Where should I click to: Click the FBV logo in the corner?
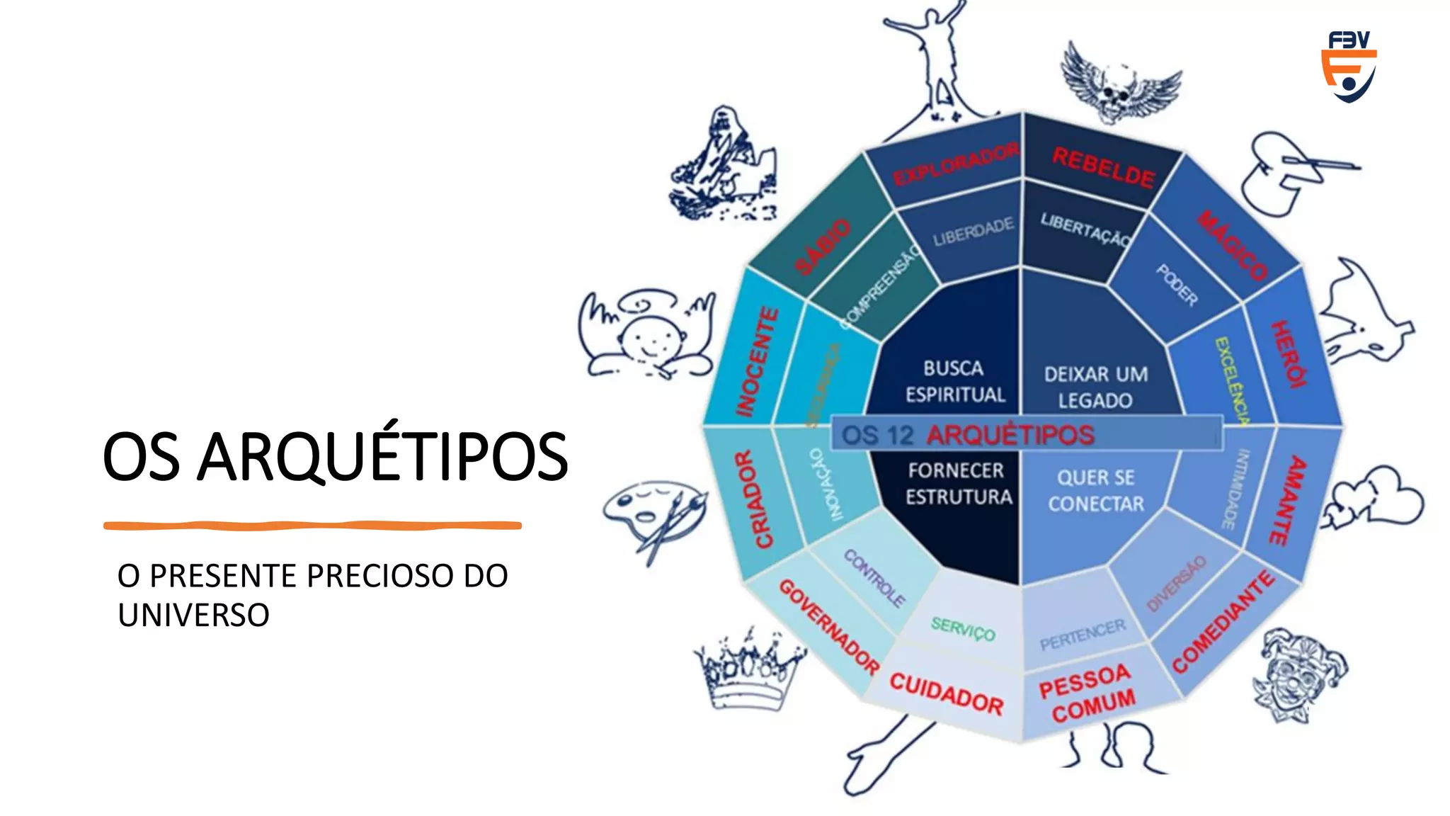tap(1349, 66)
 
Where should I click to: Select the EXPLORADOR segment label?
tap(955, 164)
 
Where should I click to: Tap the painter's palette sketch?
tap(653, 514)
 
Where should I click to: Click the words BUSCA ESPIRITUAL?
tap(954, 381)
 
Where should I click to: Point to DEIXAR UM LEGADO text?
tap(1095, 387)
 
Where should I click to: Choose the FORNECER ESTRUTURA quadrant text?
tap(959, 483)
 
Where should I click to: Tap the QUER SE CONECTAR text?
tap(1096, 490)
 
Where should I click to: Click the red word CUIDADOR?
tap(946, 693)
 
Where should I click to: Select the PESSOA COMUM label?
tap(1087, 693)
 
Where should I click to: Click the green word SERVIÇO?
tap(963, 628)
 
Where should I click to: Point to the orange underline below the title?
tap(312, 526)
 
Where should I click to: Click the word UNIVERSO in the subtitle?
tap(193, 615)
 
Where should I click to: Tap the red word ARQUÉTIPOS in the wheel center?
tap(1010, 435)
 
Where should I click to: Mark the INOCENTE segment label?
tap(757, 361)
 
